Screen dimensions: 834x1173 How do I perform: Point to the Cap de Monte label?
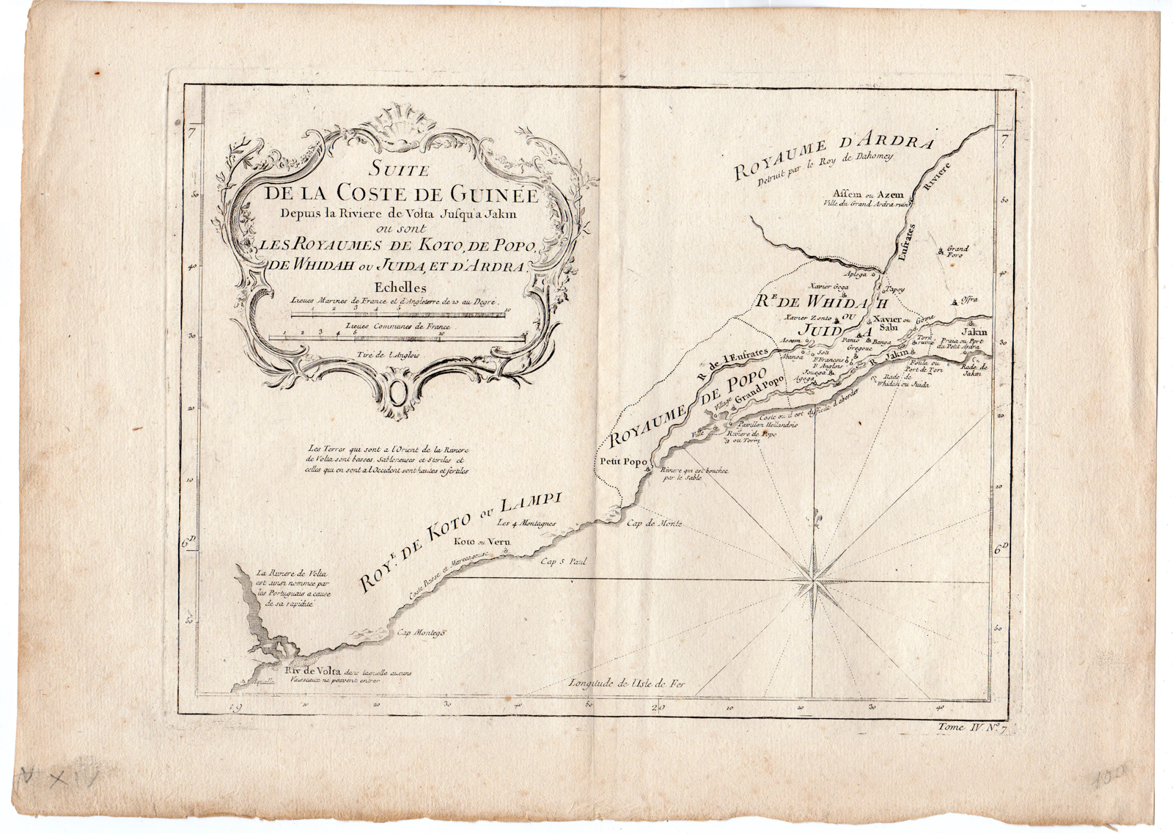tap(655, 523)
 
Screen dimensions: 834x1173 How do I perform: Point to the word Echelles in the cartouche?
tap(400, 288)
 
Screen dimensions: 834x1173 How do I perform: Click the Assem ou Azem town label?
tap(872, 195)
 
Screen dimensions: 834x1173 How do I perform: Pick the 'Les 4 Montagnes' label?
tap(526, 523)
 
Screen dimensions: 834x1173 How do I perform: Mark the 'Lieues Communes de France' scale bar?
tap(397, 337)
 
